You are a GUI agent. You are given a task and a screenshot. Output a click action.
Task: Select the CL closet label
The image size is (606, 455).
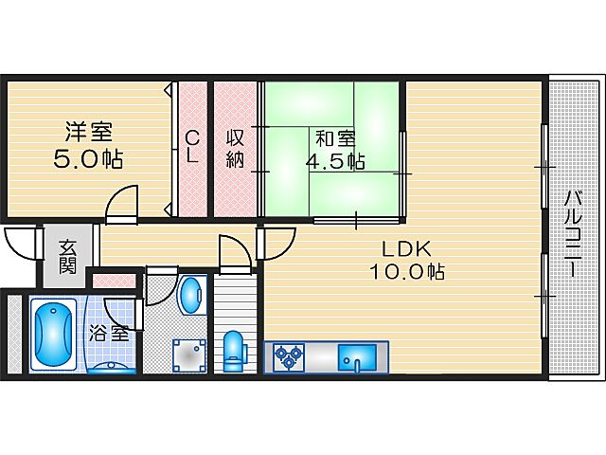(x=191, y=147)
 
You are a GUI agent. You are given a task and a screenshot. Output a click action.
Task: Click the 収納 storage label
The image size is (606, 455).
(x=236, y=148)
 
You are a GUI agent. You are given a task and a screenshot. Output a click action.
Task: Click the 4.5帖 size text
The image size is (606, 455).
(x=334, y=160)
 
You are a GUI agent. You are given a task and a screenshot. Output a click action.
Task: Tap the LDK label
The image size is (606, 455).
(x=406, y=248)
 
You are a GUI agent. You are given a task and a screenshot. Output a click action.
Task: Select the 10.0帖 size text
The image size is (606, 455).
(x=408, y=272)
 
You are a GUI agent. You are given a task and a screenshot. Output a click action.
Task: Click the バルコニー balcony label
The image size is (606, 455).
(x=573, y=233)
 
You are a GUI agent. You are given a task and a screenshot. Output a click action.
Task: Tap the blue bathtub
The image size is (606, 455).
(x=55, y=335)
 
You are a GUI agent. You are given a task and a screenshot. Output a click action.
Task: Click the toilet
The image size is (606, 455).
(x=234, y=348)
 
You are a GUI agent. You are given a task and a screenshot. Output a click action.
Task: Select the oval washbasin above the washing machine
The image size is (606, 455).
(x=190, y=295)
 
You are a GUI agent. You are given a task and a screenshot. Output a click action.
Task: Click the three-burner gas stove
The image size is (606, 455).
(x=288, y=357)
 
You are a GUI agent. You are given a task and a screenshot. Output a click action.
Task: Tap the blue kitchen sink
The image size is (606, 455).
(x=357, y=357)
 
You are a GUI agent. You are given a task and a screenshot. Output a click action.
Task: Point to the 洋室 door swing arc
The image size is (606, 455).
(x=121, y=204)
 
